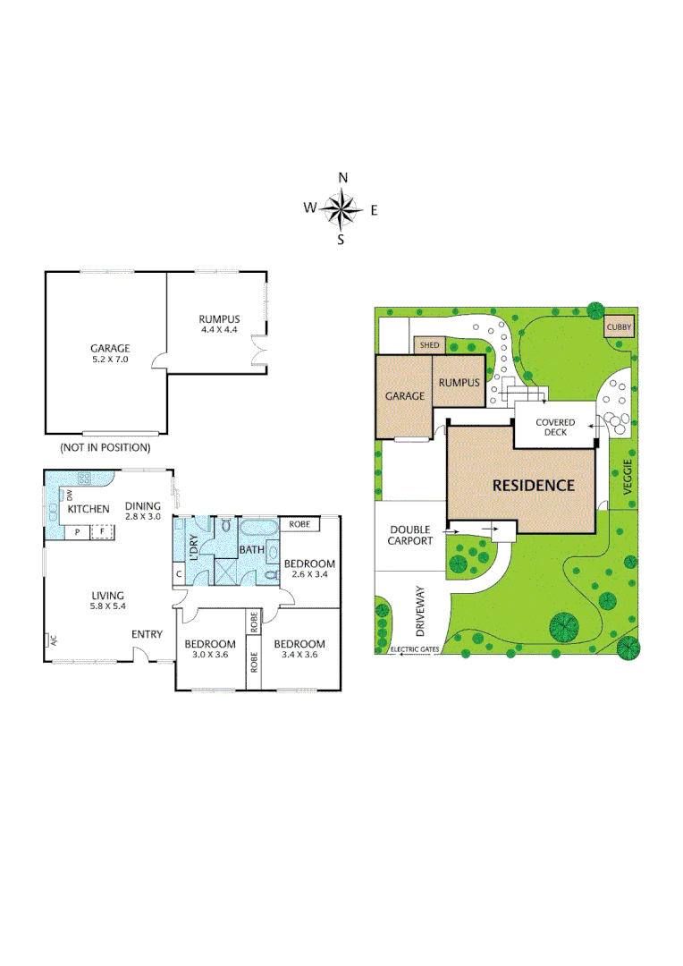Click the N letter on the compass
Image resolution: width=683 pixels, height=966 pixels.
click(x=342, y=177)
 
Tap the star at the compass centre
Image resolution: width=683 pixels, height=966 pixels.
click(x=341, y=210)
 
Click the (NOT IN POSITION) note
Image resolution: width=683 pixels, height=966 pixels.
click(x=105, y=446)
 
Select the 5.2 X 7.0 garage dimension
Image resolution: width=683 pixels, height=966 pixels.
click(x=110, y=360)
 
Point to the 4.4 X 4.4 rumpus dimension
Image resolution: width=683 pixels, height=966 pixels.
click(x=218, y=329)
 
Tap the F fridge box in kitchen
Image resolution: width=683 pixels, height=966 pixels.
click(x=102, y=531)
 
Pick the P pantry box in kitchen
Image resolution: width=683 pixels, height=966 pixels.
click(x=77, y=531)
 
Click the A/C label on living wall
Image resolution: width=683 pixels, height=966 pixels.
click(x=53, y=640)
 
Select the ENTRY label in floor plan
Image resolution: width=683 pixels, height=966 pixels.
click(x=148, y=634)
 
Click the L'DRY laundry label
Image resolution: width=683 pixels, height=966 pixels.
click(x=194, y=545)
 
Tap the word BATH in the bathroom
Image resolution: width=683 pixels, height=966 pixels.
click(x=250, y=550)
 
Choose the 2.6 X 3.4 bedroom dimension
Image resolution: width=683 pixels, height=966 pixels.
click(x=309, y=575)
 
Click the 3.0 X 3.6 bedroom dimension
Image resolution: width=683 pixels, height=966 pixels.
click(x=210, y=655)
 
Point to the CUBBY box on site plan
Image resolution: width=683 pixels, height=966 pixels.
click(x=619, y=327)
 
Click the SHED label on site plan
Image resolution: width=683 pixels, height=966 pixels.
click(x=429, y=344)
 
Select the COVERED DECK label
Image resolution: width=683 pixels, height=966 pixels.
click(x=555, y=427)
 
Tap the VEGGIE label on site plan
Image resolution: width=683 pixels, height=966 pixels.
click(x=627, y=478)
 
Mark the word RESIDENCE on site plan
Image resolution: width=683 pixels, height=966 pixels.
click(x=534, y=486)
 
